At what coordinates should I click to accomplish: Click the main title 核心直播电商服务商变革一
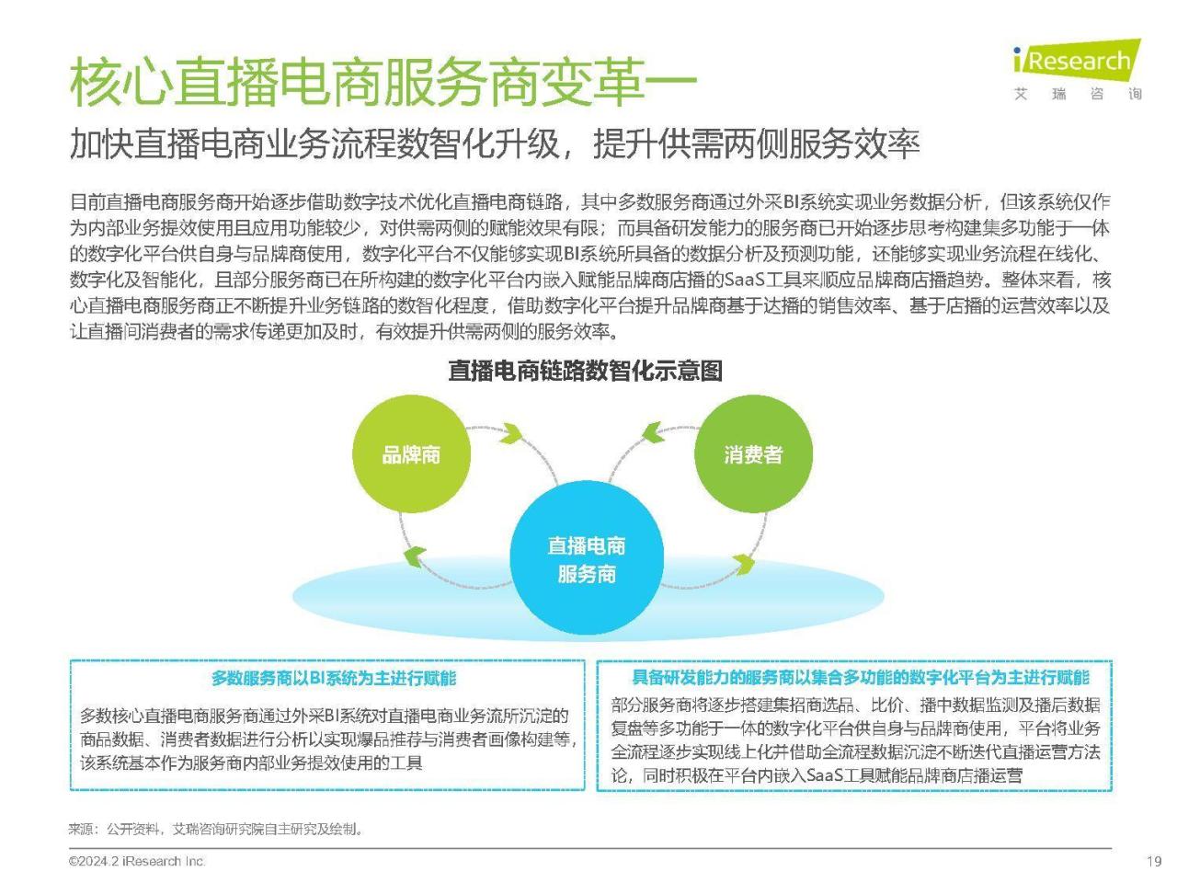(x=383, y=83)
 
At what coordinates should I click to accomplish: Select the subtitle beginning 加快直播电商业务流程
(x=495, y=144)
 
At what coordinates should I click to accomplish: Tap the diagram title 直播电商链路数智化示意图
(x=585, y=371)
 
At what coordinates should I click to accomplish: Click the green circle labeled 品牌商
(x=411, y=454)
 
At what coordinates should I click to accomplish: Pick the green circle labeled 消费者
(x=753, y=454)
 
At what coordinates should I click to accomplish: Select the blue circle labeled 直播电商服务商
(x=586, y=557)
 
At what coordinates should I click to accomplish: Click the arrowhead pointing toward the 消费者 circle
(x=653, y=432)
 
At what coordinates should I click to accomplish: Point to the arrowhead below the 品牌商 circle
(x=414, y=556)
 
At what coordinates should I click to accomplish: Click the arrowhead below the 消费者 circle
(x=744, y=564)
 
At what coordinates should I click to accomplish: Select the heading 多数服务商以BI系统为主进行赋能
(x=334, y=678)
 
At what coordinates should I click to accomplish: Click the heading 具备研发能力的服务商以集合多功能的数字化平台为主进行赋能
(x=861, y=678)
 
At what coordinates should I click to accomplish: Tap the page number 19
(x=1153, y=862)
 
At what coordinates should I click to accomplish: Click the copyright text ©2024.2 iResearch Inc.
(x=137, y=861)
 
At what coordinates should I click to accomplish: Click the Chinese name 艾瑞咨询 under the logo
(x=1078, y=95)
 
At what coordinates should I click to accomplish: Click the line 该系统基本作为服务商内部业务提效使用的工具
(x=251, y=763)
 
